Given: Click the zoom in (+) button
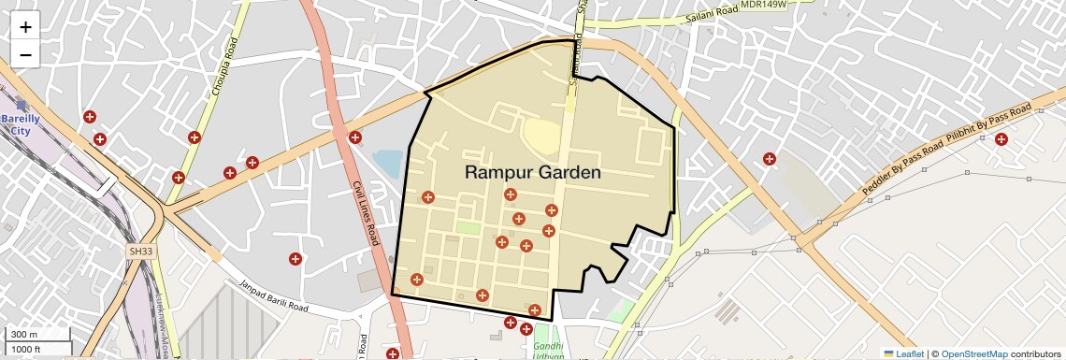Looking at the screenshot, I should (25, 27).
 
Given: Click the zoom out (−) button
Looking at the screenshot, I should (25, 55).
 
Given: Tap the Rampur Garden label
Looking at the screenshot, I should (532, 173).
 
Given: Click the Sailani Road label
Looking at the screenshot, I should (711, 13).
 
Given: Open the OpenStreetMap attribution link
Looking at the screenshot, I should (973, 353).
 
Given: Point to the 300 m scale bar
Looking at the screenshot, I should (37, 335).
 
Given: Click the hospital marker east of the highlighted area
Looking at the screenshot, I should (770, 159).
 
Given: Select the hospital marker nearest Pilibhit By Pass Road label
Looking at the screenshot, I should (1001, 140).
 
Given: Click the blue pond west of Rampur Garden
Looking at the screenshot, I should (387, 166).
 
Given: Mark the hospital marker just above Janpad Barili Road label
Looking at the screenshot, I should (295, 259).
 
